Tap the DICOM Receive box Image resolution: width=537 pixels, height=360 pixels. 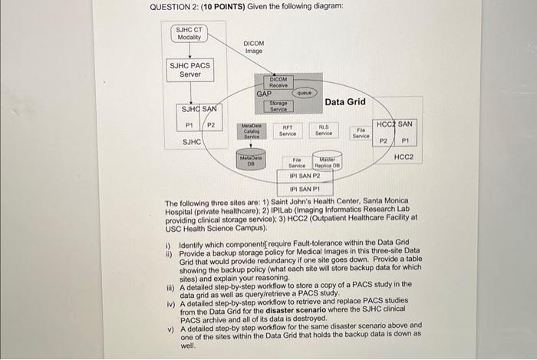coord(278,81)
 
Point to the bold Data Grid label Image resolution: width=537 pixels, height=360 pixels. coord(345,101)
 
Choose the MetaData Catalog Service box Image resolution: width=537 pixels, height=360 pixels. coord(251,130)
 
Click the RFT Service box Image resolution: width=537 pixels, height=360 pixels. coord(289,130)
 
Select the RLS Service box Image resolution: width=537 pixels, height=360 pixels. coord(324,130)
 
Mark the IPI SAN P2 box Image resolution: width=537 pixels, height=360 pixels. coord(304,175)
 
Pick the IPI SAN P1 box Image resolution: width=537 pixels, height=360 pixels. coord(304,187)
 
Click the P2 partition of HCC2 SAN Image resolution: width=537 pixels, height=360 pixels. coord(384,140)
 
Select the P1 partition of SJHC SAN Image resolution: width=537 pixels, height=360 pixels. coord(189,125)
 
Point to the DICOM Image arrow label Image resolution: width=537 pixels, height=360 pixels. coord(254,47)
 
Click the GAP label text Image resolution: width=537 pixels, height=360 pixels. coord(264,93)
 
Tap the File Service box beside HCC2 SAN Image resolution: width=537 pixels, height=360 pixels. coord(361,132)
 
